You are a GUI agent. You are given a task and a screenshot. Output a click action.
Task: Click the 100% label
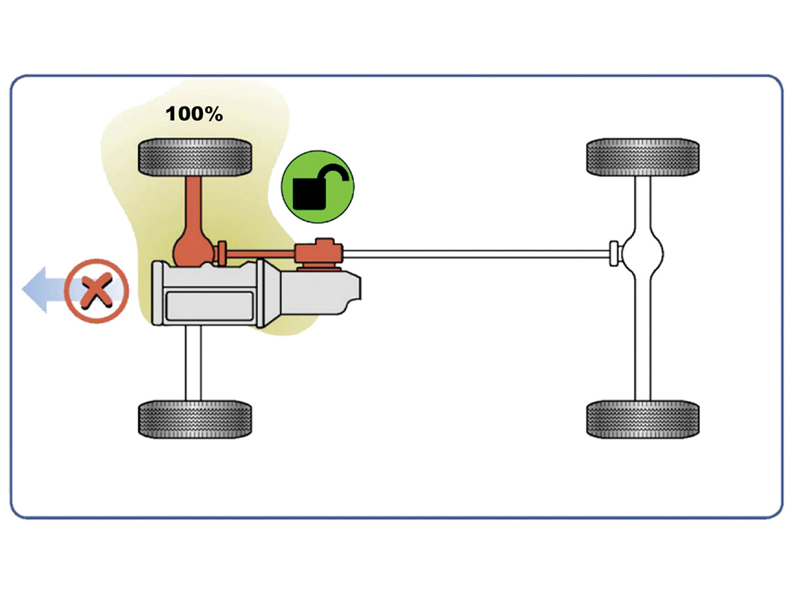(x=194, y=114)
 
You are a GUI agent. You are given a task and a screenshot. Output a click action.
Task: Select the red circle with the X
(x=97, y=290)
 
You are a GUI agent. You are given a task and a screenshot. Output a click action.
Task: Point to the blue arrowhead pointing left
(x=34, y=290)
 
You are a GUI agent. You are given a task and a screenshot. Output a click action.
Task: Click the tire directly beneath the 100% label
(x=195, y=157)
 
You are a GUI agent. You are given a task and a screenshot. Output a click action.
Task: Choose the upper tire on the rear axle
(x=642, y=157)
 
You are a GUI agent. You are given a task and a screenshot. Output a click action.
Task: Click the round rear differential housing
(x=642, y=254)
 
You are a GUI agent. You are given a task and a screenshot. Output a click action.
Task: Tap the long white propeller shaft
(x=476, y=254)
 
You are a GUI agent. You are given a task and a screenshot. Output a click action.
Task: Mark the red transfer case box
(x=319, y=251)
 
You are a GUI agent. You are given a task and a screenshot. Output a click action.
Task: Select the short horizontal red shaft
(x=259, y=254)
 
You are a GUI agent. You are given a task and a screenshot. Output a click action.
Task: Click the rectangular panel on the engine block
(x=210, y=306)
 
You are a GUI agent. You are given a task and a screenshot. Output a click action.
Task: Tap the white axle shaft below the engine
(x=193, y=363)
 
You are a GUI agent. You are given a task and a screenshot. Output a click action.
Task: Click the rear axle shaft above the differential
(x=642, y=204)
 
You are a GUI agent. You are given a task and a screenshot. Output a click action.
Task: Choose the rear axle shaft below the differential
(x=642, y=340)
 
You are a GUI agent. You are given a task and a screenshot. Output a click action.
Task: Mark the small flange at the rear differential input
(x=614, y=254)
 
